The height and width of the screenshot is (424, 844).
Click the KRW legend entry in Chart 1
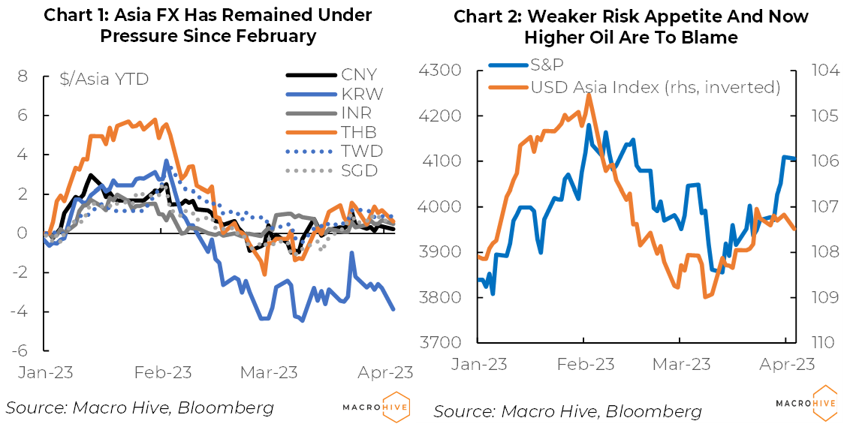(x=362, y=94)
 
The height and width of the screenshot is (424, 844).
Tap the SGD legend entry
(x=361, y=170)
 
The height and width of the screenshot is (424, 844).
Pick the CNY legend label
(x=359, y=74)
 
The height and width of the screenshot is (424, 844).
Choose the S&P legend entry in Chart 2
(x=547, y=68)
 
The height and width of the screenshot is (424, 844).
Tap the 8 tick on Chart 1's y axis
(x=23, y=77)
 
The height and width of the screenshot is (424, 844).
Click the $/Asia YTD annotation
(x=104, y=78)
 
